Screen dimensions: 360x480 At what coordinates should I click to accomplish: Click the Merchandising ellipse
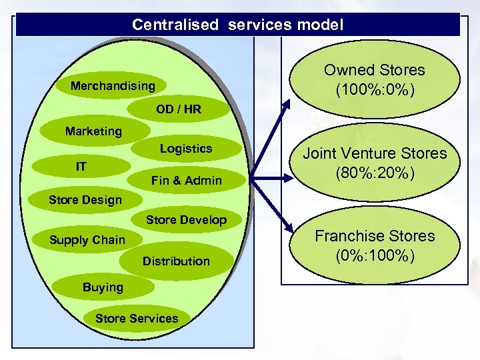113,86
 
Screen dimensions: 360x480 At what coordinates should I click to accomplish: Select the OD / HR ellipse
178,109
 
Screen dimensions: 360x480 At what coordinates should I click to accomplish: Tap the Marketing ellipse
93,131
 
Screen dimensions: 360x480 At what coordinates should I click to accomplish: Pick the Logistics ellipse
185,149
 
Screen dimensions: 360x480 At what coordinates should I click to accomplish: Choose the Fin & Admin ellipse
186,180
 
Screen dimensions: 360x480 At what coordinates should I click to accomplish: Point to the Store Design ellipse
85,200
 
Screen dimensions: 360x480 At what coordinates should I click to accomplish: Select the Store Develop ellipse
186,220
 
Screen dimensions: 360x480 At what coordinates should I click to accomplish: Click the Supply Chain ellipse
87,240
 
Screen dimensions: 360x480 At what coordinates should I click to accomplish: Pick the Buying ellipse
103,287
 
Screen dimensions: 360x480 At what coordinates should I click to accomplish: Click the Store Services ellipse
137,319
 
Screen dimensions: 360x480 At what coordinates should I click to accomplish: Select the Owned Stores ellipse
374,79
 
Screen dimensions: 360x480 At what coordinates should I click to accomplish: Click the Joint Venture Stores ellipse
375,163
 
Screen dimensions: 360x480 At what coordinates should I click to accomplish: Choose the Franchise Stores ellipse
374,245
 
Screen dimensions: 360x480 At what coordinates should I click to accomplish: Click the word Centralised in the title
175,25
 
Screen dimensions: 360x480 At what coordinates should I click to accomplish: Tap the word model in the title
321,25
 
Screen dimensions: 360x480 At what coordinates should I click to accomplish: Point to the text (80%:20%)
375,173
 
